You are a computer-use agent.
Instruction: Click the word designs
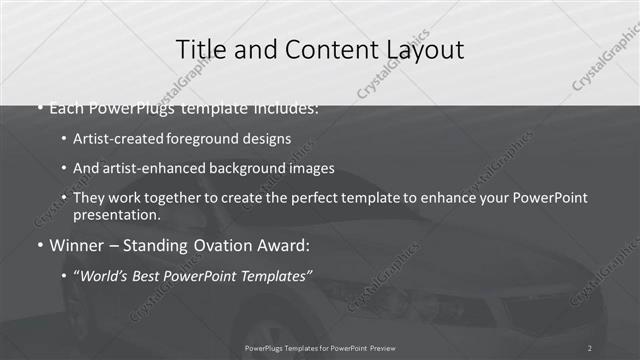click(266, 139)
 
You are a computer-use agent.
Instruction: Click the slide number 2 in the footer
click(590, 347)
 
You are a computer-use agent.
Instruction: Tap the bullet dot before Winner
click(40, 246)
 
